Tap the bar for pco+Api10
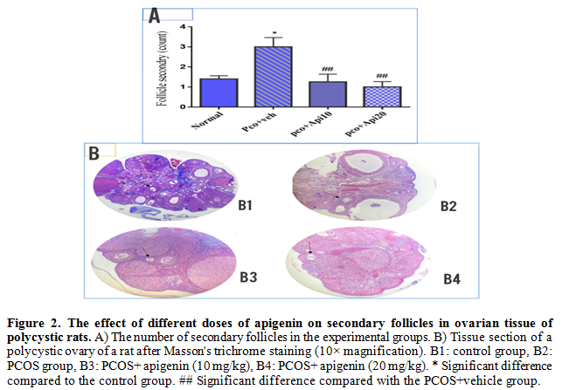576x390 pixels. pos(328,94)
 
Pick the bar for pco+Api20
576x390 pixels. pos(381,97)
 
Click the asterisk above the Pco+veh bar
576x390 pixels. pos(274,33)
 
